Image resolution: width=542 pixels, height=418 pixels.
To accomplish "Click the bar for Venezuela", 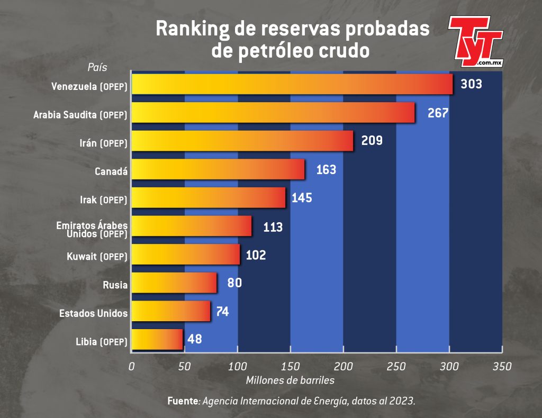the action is (x=292, y=84).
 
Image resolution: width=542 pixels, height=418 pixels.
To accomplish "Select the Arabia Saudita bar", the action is (x=273, y=112).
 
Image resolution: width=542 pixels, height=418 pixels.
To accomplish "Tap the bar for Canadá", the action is (x=218, y=169).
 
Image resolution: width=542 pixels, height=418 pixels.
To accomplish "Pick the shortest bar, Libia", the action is (x=157, y=339).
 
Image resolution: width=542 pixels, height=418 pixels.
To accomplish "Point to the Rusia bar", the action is (x=174, y=283).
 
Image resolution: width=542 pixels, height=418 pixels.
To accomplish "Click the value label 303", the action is (x=471, y=84).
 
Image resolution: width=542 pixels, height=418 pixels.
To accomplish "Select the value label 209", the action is (x=372, y=141).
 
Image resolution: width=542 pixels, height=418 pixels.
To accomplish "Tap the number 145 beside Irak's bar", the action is (x=302, y=198).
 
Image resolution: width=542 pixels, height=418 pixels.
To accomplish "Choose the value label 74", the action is (x=222, y=312).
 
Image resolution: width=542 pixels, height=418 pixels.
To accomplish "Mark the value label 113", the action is (x=273, y=227).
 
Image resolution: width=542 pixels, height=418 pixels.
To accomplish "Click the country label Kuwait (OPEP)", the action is (x=97, y=257).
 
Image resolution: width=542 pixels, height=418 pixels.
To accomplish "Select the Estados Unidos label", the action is (x=93, y=313).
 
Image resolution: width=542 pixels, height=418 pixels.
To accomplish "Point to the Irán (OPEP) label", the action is (x=103, y=143).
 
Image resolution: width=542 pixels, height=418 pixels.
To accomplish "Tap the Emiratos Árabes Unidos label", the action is (x=92, y=230).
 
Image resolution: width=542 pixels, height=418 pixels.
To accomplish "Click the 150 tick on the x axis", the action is (x=291, y=366).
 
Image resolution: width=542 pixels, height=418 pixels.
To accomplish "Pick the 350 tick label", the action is (x=502, y=366).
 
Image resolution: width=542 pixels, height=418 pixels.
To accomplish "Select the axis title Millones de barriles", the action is (x=290, y=380).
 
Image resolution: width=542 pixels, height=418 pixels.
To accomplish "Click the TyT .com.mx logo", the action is (x=476, y=41).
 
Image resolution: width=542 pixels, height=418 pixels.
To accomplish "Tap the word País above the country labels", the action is (x=97, y=67).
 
